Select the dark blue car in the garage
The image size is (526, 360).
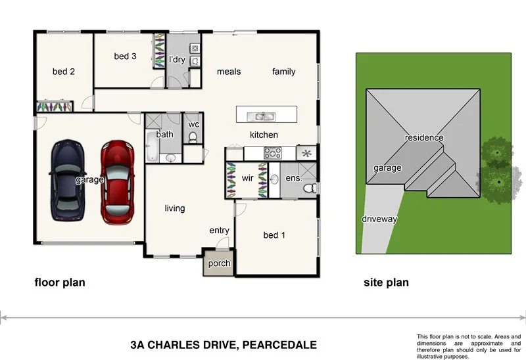[68, 179]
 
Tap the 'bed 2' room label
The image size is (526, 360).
[64, 72]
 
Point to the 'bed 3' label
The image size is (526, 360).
[125, 56]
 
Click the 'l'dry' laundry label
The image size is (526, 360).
[177, 60]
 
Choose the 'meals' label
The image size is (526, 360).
[229, 72]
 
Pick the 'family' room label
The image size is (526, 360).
[283, 72]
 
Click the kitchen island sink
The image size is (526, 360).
[262, 117]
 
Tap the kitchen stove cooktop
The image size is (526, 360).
[273, 153]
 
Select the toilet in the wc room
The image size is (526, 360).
[193, 137]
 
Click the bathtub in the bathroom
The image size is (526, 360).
[151, 146]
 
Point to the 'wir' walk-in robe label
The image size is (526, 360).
[247, 177]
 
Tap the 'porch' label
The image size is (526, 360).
[219, 263]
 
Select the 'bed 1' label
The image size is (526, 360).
[275, 235]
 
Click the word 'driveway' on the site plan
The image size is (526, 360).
[379, 219]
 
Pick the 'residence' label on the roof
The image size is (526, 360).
[424, 138]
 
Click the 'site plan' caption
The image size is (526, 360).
[386, 283]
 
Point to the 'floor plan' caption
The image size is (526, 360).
[60, 283]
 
